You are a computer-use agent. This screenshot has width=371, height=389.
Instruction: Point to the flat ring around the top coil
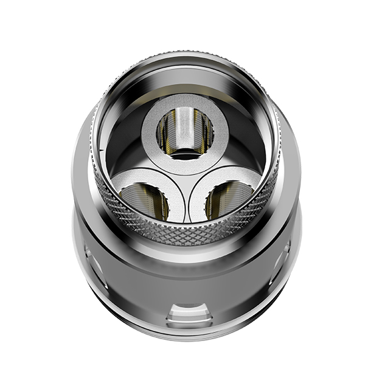[x=185, y=109]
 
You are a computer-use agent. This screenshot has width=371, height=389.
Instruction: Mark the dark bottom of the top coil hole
[x=185, y=153]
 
